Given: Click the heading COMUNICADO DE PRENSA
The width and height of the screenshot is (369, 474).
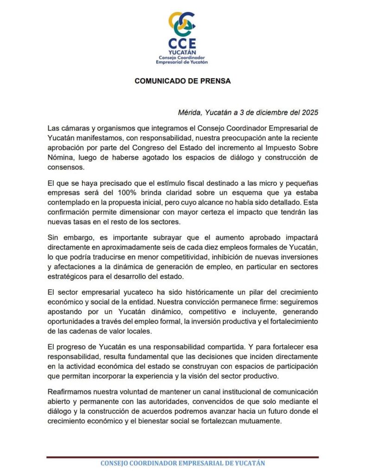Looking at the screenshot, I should [182, 81].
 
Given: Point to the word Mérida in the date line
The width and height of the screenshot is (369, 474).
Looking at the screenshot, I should [189, 112].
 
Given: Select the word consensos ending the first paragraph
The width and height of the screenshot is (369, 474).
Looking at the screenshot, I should [66, 168].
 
